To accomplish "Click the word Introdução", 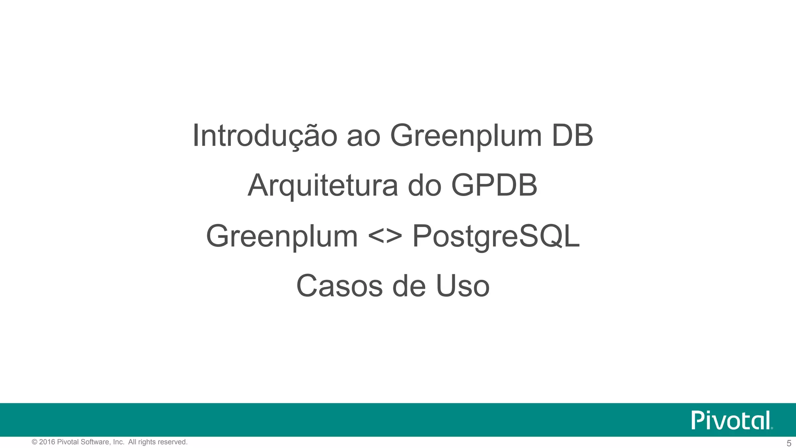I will point(265,136).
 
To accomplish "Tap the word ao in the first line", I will point(363,136).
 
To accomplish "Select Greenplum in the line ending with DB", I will point(466,136).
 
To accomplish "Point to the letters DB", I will point(573,136).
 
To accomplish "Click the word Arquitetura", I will point(323,186).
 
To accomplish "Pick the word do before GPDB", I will point(424,186).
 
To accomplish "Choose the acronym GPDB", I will point(494,185).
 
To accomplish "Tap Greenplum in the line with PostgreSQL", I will point(282,236).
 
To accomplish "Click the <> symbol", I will point(385,236).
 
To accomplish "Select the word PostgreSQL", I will point(496,236).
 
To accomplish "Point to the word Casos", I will point(340,286).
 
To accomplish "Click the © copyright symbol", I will point(35,442).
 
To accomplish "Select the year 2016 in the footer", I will point(47,442).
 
